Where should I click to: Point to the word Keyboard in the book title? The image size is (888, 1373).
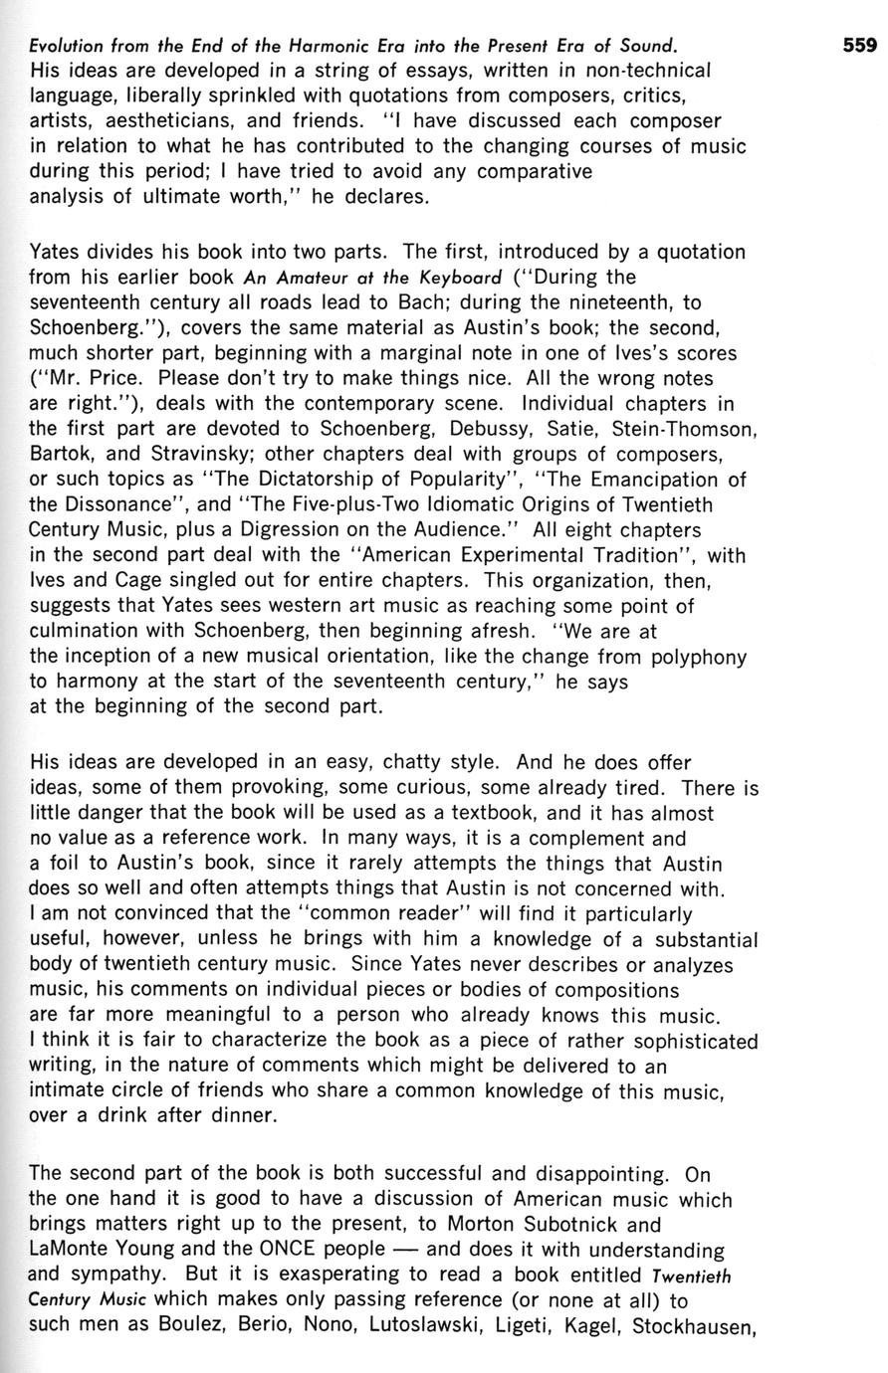[x=455, y=277]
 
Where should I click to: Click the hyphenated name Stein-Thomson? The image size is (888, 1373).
[x=685, y=430]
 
